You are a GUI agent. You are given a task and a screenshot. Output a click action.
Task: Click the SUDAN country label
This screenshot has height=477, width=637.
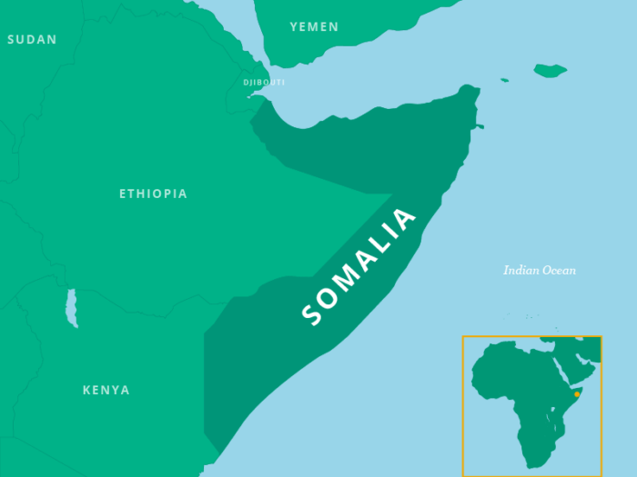click(32, 39)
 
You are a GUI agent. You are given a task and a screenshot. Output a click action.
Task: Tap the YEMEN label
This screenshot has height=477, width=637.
click(314, 26)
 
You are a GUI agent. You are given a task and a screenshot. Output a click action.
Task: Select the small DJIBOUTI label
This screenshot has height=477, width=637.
click(264, 83)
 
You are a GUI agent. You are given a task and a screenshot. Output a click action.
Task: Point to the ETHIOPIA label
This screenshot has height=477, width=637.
click(153, 194)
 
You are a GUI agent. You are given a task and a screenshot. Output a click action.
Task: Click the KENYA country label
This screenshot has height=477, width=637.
click(106, 390)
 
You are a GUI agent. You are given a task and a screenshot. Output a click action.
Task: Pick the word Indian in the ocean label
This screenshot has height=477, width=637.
click(523, 270)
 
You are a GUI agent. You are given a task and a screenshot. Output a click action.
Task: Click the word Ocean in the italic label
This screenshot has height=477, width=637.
click(560, 270)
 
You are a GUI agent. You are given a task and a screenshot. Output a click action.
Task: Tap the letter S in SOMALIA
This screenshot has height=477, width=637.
click(312, 314)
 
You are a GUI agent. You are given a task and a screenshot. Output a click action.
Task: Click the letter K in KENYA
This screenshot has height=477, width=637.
click(87, 390)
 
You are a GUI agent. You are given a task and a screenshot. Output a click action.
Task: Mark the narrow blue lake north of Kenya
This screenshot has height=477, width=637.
click(71, 309)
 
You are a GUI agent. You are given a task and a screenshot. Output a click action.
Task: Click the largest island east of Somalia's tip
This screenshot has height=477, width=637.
click(550, 70)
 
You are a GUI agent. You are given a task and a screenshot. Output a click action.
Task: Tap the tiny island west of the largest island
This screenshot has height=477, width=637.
click(504, 80)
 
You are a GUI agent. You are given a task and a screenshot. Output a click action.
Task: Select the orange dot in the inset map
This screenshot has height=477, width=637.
click(577, 394)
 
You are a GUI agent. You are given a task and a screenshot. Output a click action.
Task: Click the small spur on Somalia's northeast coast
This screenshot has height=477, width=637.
click(479, 126)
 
